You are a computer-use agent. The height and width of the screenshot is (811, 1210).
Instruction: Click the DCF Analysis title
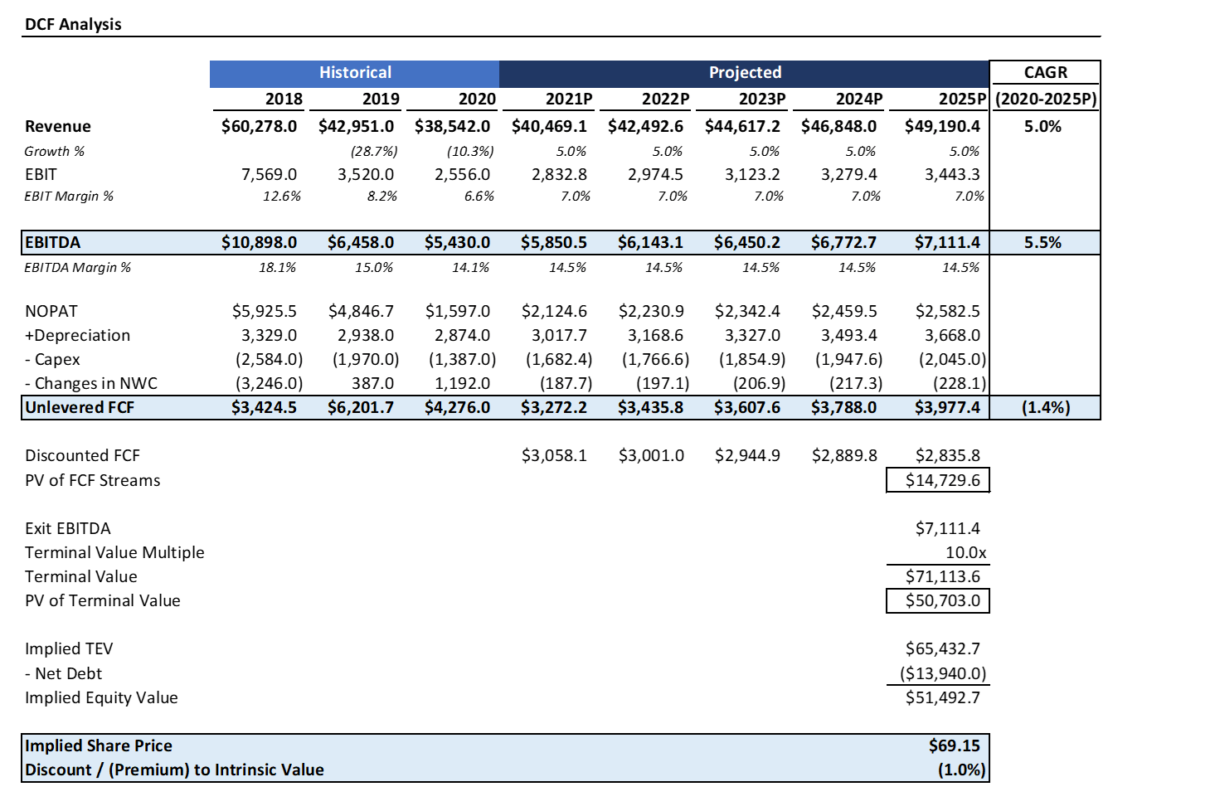click(73, 24)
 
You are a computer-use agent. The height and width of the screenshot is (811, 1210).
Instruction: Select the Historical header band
click(354, 73)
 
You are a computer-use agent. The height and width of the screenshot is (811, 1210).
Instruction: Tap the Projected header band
click(744, 73)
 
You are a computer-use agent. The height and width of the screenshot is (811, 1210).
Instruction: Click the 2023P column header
click(761, 99)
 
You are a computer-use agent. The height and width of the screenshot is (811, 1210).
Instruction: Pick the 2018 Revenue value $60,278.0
click(259, 126)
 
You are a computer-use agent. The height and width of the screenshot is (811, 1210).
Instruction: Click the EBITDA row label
click(52, 242)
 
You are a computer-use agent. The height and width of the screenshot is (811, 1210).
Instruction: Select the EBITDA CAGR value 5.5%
click(1042, 242)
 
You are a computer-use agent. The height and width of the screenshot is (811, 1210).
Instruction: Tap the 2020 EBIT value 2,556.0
click(462, 174)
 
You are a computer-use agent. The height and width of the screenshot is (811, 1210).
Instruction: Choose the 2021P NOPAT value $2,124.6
click(554, 311)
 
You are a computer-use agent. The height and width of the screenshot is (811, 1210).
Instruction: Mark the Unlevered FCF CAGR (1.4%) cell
click(1045, 407)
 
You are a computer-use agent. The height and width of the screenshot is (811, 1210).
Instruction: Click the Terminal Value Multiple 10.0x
click(965, 552)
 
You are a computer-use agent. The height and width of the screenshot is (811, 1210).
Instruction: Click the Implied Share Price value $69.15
click(954, 745)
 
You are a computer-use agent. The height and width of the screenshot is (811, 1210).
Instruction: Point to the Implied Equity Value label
click(101, 697)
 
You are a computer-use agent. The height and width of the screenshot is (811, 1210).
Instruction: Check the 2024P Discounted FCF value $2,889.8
click(843, 455)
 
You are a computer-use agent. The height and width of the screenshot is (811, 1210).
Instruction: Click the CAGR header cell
click(1045, 72)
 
